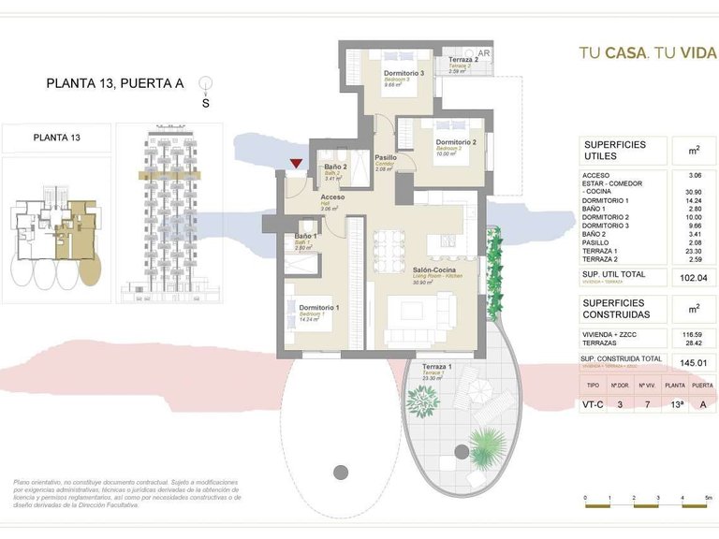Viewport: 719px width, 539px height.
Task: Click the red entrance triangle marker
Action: click(296, 165)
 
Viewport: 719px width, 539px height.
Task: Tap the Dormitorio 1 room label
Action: click(318, 308)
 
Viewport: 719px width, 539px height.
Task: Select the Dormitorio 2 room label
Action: click(455, 142)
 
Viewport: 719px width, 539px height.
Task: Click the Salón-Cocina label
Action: click(433, 270)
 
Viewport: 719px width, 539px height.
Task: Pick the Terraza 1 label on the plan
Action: click(436, 366)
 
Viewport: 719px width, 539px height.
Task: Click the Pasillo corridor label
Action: click(386, 158)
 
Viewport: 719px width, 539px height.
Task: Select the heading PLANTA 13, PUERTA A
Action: click(114, 83)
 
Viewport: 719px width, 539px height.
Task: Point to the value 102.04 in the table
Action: click(694, 278)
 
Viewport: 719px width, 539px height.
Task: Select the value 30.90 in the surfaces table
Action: click(694, 192)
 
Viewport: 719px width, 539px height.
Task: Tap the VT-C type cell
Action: click(593, 405)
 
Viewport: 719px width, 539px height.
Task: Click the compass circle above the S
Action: click(205, 84)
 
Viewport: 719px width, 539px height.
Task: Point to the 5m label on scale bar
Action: click(709, 498)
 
